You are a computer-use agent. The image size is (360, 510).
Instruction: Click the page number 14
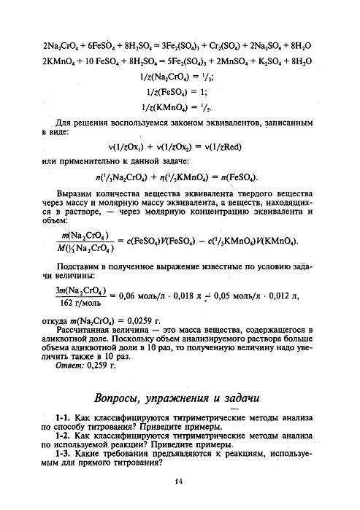coord(178,481)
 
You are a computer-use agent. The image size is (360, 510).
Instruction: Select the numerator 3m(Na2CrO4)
coord(77,290)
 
